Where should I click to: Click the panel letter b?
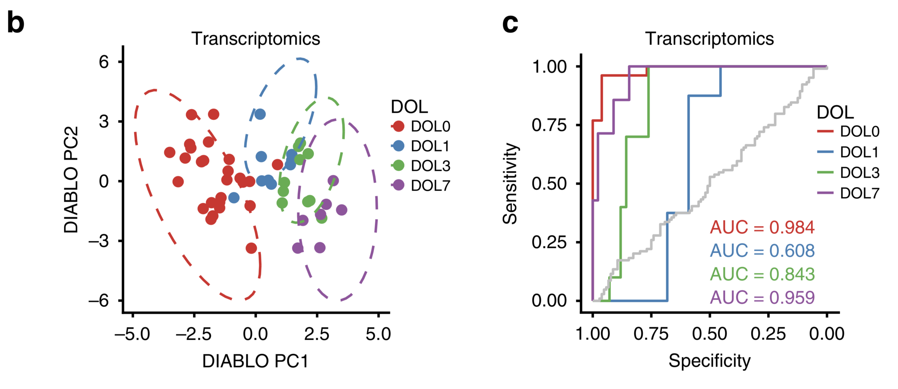[x=16, y=22]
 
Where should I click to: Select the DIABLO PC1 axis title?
[x=255, y=361]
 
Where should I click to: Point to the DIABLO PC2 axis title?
[x=71, y=180]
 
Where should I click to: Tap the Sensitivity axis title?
[x=510, y=183]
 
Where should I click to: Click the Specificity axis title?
[x=709, y=361]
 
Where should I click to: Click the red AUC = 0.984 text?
[x=762, y=227]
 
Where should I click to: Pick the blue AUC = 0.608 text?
[x=762, y=251]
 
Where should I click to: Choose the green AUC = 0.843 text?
[x=762, y=274]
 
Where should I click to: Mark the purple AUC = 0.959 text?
[x=762, y=297]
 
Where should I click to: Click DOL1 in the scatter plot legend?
[x=430, y=146]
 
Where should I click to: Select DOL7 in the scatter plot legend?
[x=430, y=186]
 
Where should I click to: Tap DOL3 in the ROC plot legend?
[x=860, y=173]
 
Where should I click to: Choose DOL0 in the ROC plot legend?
[x=860, y=132]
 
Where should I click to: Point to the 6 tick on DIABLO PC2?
[x=104, y=62]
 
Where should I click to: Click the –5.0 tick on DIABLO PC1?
[x=133, y=334]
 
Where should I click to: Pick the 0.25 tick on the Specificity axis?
[x=768, y=334]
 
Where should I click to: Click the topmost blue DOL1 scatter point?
[x=260, y=114]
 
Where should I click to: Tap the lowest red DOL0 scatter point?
[x=251, y=248]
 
